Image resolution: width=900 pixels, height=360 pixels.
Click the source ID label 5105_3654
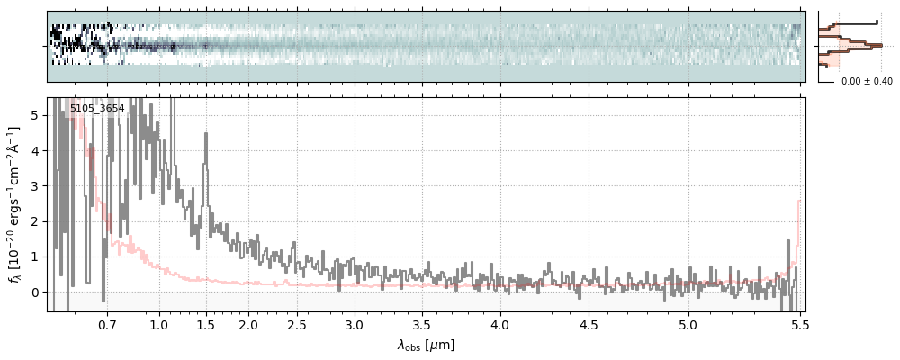(x=97, y=109)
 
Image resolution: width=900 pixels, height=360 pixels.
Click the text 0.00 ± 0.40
(x=867, y=82)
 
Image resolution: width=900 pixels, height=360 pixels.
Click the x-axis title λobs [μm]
(x=426, y=345)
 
